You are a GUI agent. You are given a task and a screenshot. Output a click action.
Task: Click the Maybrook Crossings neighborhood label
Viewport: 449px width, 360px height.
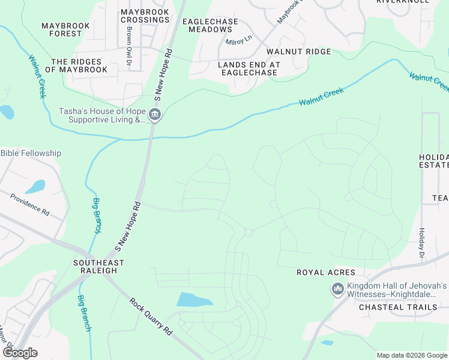(145, 16)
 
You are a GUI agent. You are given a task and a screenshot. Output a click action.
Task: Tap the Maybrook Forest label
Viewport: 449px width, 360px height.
(65, 29)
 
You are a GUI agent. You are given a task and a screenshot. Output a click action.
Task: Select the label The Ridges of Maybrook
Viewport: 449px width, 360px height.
(79, 65)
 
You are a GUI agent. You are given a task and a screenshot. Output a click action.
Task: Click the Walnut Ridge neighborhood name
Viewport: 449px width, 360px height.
(299, 52)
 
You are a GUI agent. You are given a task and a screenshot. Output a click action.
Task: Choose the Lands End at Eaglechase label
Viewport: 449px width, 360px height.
(249, 68)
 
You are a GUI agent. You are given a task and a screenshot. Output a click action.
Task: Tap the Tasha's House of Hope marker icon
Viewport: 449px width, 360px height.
(155, 115)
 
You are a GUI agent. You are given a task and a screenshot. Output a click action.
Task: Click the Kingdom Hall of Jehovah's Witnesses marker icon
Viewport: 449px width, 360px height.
(337, 290)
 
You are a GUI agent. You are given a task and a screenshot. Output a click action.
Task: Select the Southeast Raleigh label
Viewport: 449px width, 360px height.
(98, 266)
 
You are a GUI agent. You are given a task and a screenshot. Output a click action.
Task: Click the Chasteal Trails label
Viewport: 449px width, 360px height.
(398, 307)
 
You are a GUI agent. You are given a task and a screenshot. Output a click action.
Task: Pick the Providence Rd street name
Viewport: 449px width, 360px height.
(29, 203)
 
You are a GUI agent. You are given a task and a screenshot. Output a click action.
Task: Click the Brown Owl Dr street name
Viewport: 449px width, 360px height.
(128, 46)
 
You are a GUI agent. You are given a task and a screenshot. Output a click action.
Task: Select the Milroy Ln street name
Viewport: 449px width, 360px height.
(238, 42)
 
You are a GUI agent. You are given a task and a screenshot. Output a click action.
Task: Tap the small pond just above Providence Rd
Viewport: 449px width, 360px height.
(35, 186)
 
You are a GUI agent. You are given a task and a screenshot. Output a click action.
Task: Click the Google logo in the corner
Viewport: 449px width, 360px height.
(19, 352)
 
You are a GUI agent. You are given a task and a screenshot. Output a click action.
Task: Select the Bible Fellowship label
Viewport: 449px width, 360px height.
(31, 153)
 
